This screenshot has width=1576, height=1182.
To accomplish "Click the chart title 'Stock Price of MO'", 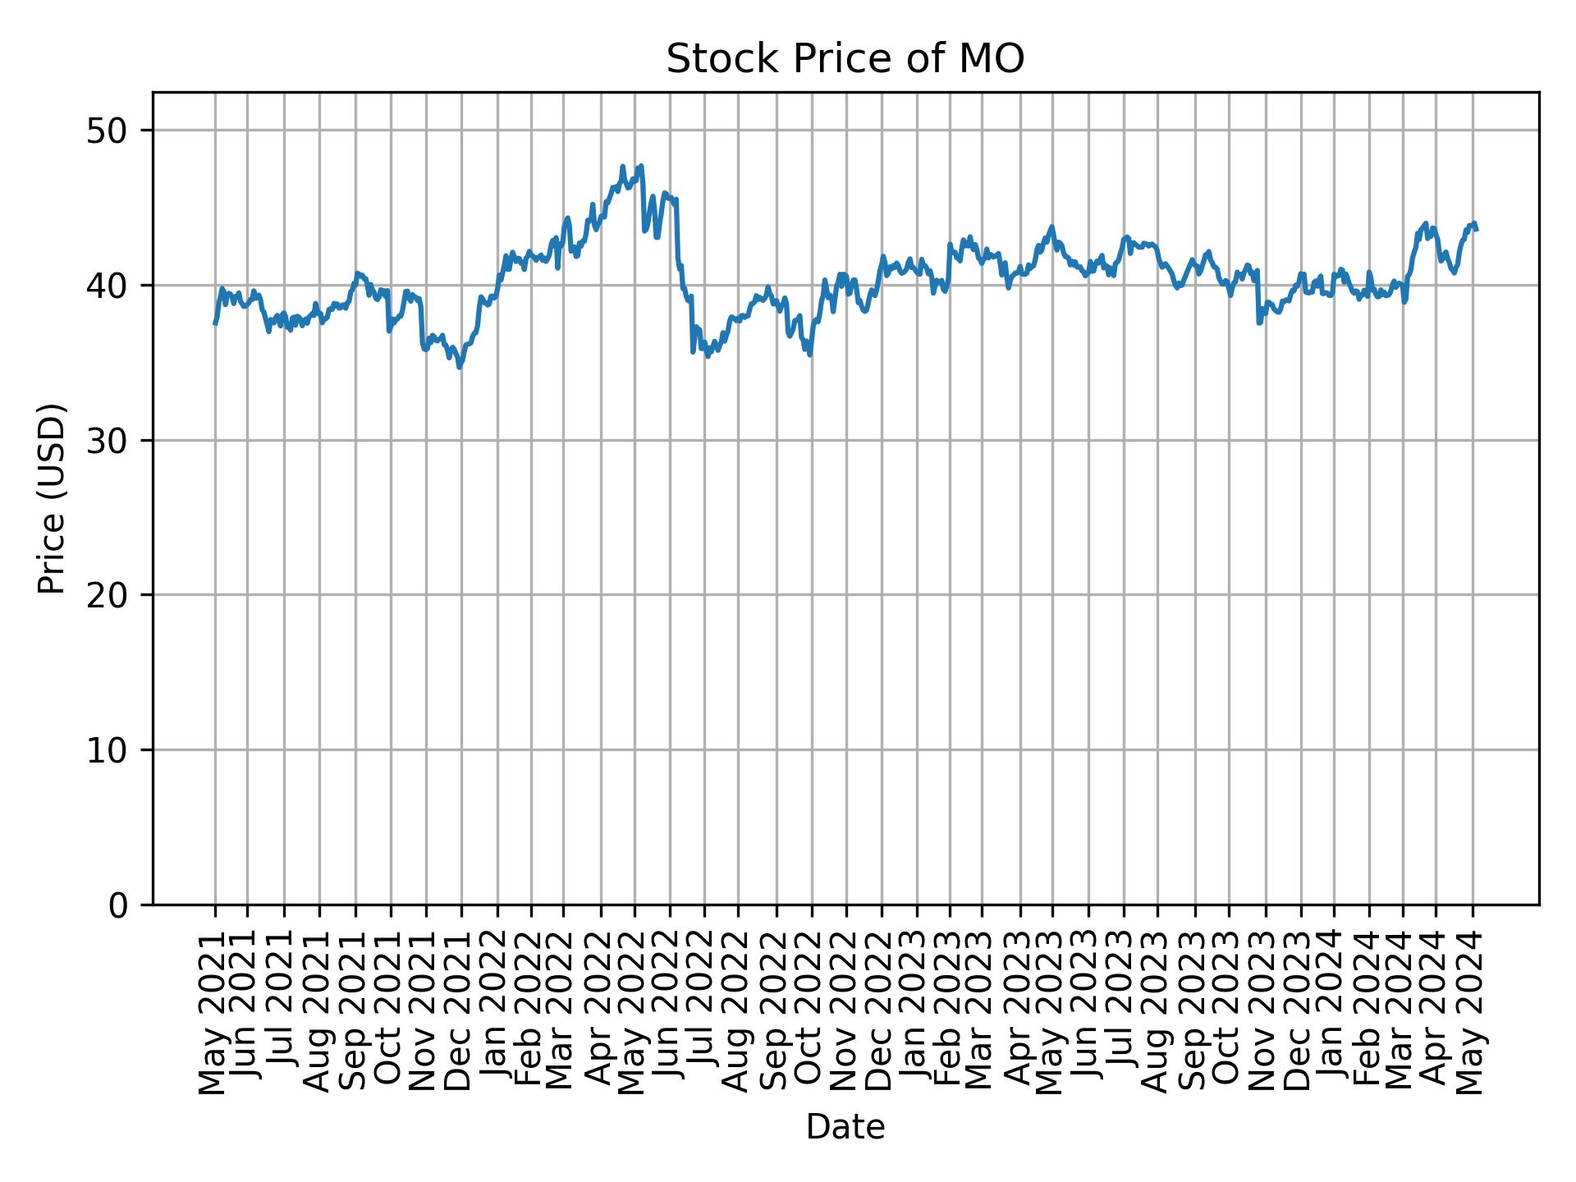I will [x=845, y=60].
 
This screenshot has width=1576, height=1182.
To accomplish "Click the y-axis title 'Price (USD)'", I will [x=52, y=498].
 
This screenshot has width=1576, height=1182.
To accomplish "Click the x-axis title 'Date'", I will [x=845, y=1127].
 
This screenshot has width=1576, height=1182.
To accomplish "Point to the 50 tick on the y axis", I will [x=108, y=131].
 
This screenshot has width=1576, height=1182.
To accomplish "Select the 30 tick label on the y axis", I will [x=108, y=441].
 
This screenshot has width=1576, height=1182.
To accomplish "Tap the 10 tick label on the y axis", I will [x=108, y=750].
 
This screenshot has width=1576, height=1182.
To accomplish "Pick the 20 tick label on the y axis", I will [x=108, y=595].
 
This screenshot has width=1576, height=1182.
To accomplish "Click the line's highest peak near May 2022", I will [x=641, y=166].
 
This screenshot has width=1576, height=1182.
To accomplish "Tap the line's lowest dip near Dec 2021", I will [x=460, y=367].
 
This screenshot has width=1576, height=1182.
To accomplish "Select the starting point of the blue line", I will [x=215, y=323].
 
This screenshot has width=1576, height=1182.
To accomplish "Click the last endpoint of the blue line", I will [x=1477, y=229].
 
